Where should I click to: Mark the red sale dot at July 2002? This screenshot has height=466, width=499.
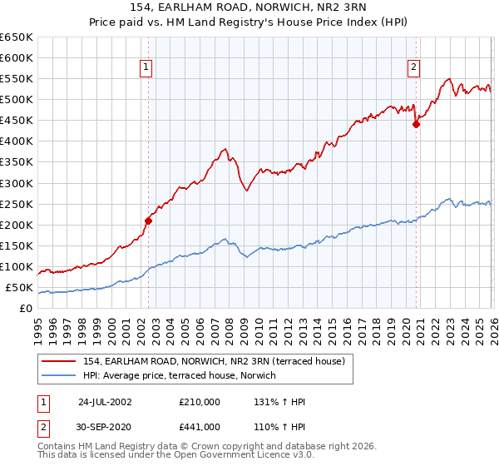pyautogui.click(x=149, y=221)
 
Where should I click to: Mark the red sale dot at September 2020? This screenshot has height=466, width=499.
pyautogui.click(x=417, y=124)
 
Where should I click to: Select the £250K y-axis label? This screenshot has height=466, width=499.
pyautogui.click(x=17, y=204)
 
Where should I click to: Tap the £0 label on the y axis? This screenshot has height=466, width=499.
pyautogui.click(x=25, y=309)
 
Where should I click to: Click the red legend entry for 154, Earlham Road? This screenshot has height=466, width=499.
pyautogui.click(x=219, y=360)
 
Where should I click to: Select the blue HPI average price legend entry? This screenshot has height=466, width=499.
pyautogui.click(x=185, y=375)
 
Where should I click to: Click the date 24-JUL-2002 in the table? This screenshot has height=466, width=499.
pyautogui.click(x=105, y=402)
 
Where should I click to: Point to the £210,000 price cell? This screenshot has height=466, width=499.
pyautogui.click(x=200, y=402)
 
